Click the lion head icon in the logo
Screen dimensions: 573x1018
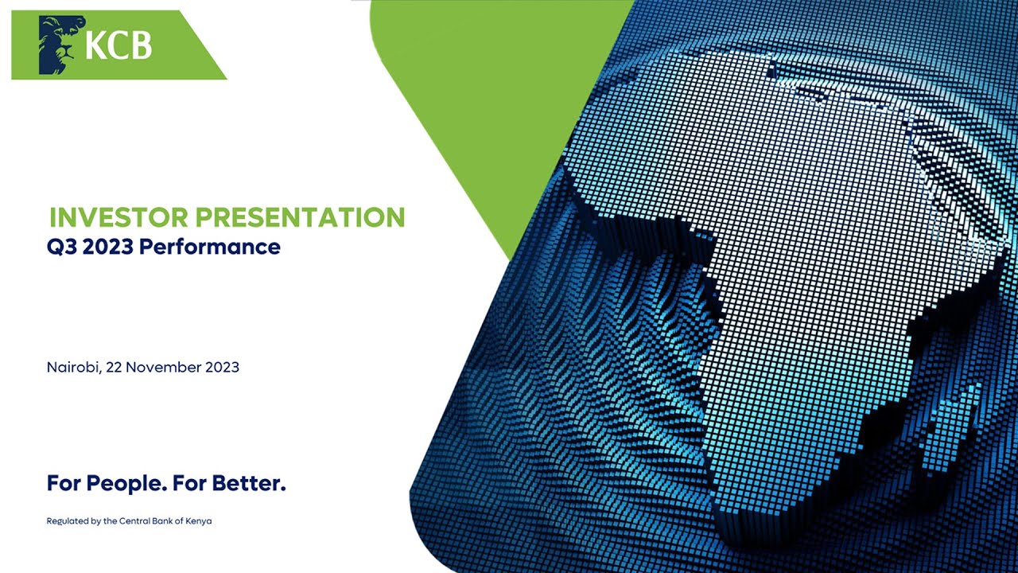click(60, 45)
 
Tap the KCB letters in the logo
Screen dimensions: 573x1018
click(118, 46)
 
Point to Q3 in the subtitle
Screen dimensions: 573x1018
click(61, 247)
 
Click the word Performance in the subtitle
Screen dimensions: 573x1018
click(210, 247)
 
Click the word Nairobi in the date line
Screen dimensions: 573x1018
click(72, 368)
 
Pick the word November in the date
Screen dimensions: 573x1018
click(163, 368)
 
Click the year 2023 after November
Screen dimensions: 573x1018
click(222, 368)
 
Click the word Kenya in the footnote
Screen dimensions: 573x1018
click(199, 521)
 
